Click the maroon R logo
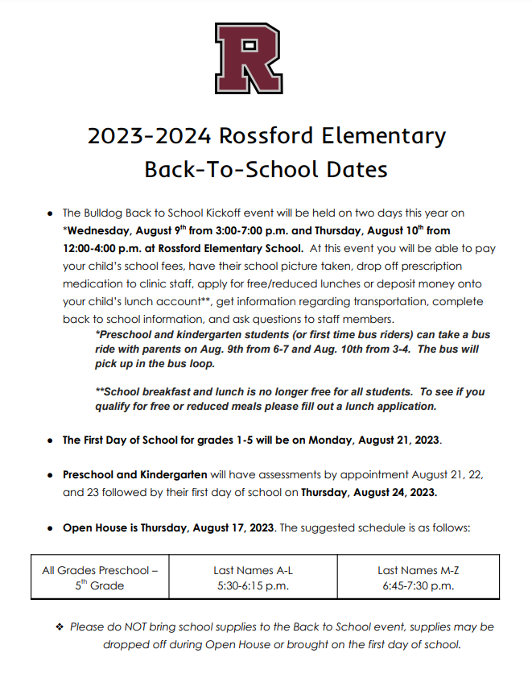click(x=247, y=58)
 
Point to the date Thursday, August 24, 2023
click(x=369, y=492)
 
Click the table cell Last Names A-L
click(x=253, y=570)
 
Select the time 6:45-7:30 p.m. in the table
click(x=418, y=585)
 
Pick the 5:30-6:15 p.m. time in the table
click(x=253, y=585)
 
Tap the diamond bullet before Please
click(x=59, y=626)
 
